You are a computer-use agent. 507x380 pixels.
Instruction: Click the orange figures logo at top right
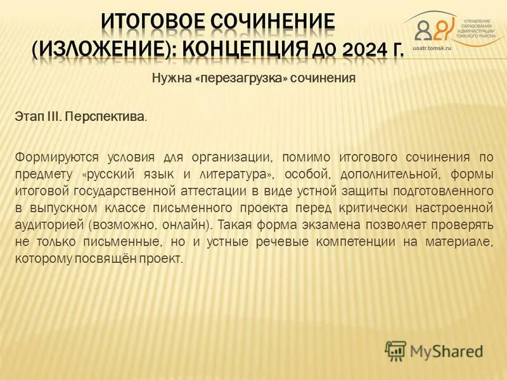tap(435, 29)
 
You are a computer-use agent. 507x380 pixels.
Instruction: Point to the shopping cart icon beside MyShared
tap(395, 350)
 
